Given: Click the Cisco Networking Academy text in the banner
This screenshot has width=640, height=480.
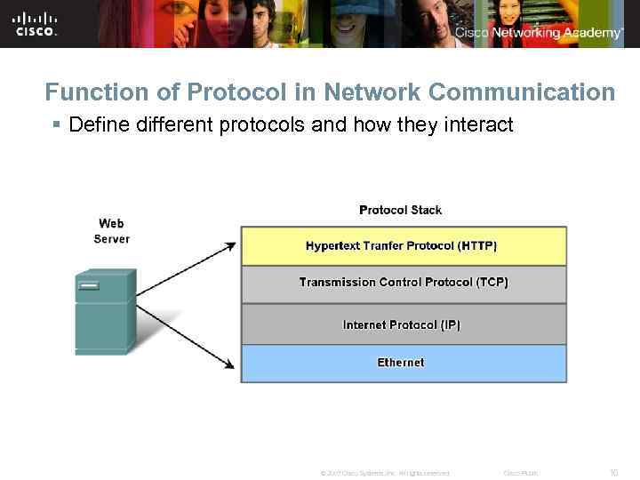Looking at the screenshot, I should (539, 33).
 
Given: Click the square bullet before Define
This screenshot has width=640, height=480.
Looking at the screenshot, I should (58, 125).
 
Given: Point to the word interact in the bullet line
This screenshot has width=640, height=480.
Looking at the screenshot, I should (481, 124).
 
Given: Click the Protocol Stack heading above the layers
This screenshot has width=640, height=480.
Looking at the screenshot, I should (400, 210).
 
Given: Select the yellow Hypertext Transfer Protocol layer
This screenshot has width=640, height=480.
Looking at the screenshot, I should (403, 246).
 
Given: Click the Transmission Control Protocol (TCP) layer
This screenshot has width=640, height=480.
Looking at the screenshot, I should (403, 283).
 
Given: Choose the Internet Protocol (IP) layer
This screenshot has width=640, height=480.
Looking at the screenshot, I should (403, 324).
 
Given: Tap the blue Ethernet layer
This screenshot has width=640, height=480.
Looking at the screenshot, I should (403, 363).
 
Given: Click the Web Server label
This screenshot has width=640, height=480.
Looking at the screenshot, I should (111, 231).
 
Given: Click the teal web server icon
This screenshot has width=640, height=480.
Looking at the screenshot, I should (104, 311).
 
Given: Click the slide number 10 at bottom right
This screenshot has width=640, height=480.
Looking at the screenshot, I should (613, 473).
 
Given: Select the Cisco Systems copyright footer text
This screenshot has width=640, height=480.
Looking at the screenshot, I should (384, 473).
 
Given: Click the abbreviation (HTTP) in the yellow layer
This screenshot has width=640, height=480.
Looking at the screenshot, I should (477, 246).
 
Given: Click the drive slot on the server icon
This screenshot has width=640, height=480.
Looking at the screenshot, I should (88, 286).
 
